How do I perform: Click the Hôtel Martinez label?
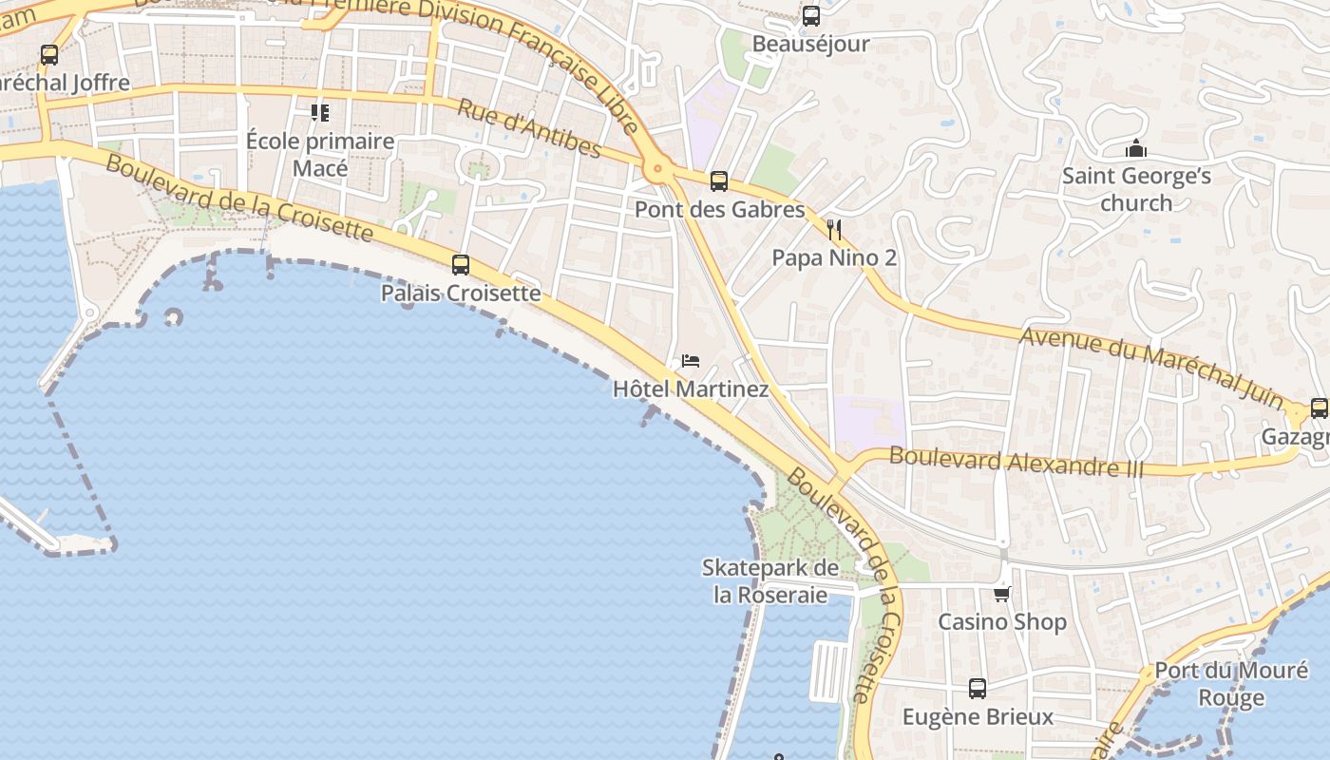[691, 389]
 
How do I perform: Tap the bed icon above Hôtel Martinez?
[691, 361]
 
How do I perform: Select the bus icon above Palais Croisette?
[461, 265]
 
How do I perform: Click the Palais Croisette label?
[461, 293]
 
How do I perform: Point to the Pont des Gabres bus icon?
[719, 181]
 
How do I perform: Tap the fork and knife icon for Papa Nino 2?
[834, 229]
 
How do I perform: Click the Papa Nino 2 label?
[834, 257]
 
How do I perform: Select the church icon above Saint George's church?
[1135, 148]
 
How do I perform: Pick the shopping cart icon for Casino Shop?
[1001, 594]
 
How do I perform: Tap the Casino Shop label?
[1002, 621]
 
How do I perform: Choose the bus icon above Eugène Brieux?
[978, 689]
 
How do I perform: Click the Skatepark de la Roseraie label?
[770, 581]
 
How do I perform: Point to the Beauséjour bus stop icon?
[810, 16]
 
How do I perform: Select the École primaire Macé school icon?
[320, 113]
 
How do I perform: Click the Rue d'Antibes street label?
[528, 128]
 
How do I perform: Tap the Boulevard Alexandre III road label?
[1016, 463]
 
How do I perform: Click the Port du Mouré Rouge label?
[1231, 684]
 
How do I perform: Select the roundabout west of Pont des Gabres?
[656, 170]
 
